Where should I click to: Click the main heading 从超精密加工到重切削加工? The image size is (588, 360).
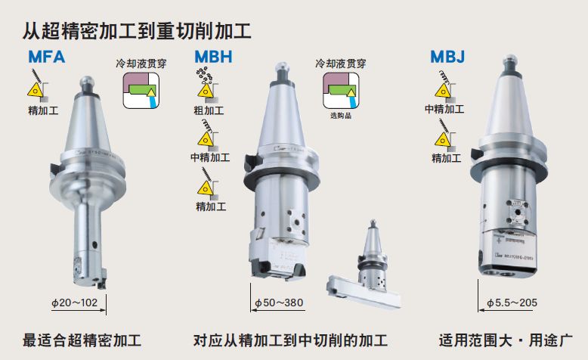[x=136, y=31]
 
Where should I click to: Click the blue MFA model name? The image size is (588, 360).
[x=46, y=57]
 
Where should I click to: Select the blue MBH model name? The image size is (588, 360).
[x=213, y=57]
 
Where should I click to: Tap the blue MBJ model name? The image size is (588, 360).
[x=447, y=57]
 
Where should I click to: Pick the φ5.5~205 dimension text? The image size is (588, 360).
[x=512, y=303]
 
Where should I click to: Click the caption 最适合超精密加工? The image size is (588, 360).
[x=82, y=340]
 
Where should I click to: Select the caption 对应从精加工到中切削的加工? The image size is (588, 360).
[x=290, y=340]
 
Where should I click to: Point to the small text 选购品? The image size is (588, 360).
[x=342, y=116]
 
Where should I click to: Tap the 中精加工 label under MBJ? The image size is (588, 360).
[x=444, y=109]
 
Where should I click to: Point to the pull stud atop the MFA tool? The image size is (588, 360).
[x=88, y=81]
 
